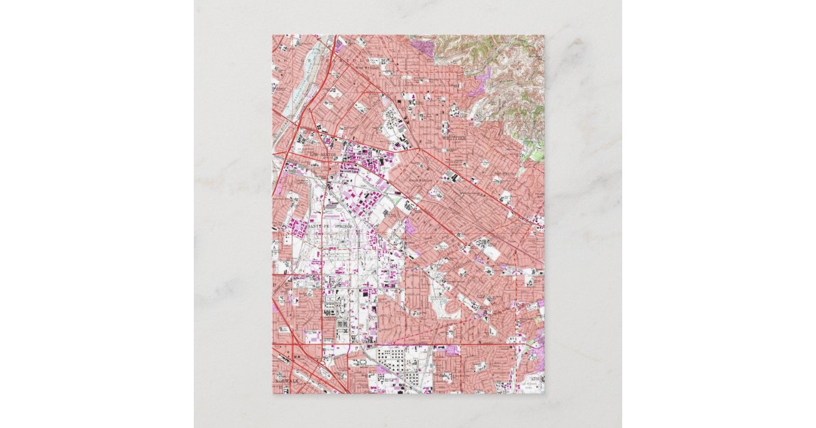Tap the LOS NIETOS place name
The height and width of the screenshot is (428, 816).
pyautogui.click(x=322, y=156)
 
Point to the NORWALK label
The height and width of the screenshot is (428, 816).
pyautogui.click(x=288, y=381)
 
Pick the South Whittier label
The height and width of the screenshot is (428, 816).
pyautogui.click(x=421, y=179)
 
